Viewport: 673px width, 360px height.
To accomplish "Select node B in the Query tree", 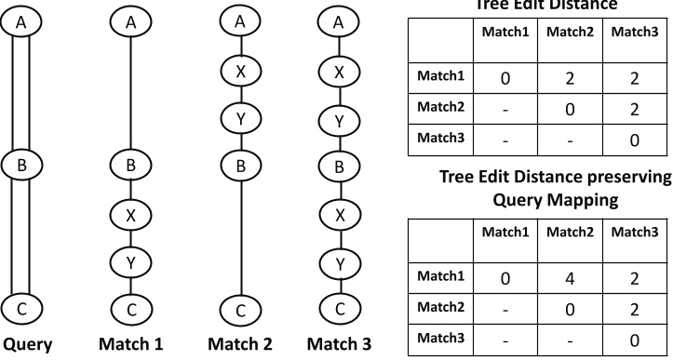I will (25, 166).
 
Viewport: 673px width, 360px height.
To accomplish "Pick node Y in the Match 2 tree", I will (240, 118).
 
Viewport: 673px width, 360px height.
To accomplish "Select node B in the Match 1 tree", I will (132, 166).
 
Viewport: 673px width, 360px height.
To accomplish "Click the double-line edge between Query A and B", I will (25, 93).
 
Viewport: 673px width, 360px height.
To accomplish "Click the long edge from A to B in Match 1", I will (132, 93).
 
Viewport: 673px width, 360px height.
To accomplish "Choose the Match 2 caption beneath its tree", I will (240, 344).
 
